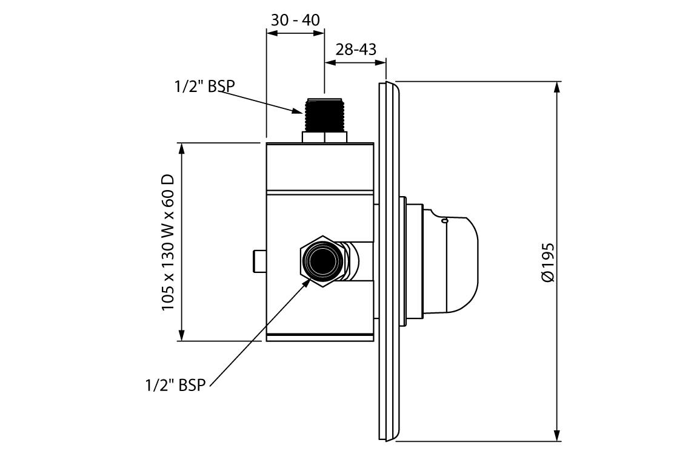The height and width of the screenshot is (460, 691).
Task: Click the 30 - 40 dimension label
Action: (x=295, y=19)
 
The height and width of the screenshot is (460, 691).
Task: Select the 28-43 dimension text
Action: (x=356, y=49)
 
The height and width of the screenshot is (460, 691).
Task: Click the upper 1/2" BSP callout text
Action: (x=202, y=87)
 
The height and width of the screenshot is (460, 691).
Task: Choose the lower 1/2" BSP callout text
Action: (x=176, y=385)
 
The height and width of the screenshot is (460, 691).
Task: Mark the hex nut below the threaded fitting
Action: (x=324, y=137)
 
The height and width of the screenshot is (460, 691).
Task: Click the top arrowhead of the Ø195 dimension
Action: (x=557, y=87)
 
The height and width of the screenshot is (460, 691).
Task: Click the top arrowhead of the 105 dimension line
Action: (x=181, y=149)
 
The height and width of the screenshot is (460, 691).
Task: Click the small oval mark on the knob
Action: (x=444, y=222)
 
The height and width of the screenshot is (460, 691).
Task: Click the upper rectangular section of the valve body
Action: (x=319, y=166)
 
